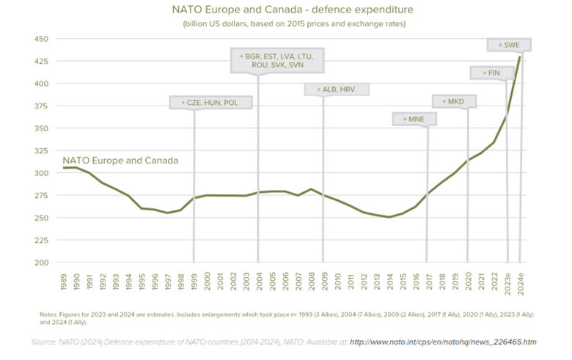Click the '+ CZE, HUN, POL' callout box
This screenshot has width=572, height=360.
214,102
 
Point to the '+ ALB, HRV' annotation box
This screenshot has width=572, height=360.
336,89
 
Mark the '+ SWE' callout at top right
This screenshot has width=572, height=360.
509,45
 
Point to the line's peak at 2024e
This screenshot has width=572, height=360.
520,56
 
